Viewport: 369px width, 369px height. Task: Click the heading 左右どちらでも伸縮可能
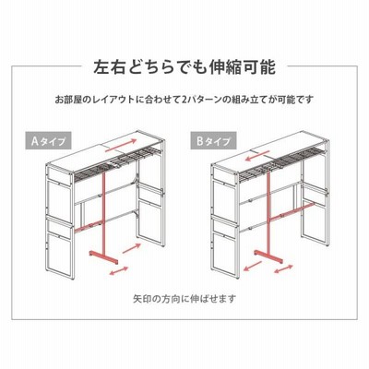pyautogui.click(x=184, y=66)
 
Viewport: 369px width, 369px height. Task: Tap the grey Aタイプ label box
pyautogui.click(x=48, y=140)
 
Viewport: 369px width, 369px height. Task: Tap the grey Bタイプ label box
pyautogui.click(x=213, y=140)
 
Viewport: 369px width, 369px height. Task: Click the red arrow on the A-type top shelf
pyautogui.click(x=121, y=145)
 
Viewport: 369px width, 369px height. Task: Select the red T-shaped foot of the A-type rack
pyautogui.click(x=103, y=256)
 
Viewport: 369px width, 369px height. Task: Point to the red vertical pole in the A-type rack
pyautogui.click(x=103, y=211)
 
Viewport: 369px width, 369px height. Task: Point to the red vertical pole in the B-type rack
pyautogui.click(x=268, y=211)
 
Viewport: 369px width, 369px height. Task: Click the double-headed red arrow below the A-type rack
pyautogui.click(x=119, y=271)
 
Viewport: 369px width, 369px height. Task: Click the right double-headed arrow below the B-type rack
pyautogui.click(x=283, y=268)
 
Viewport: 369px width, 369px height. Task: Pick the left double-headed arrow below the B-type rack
pyautogui.click(x=253, y=266)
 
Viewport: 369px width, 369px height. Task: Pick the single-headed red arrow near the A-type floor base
pyautogui.click(x=132, y=248)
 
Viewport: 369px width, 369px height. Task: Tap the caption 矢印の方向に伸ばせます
pyautogui.click(x=184, y=298)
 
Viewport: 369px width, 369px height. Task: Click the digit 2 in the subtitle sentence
pyautogui.click(x=184, y=100)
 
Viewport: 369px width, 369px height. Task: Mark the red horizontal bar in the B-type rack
pyautogui.click(x=292, y=211)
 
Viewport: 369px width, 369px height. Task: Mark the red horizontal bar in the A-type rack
pyautogui.click(x=89, y=225)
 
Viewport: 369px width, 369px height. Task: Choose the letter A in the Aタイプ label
pyautogui.click(x=35, y=141)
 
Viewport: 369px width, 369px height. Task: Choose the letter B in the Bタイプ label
pyautogui.click(x=200, y=141)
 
